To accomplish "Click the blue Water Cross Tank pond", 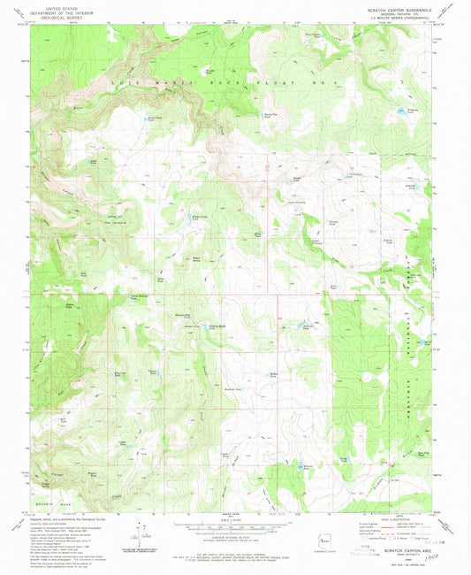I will point(191,218).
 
